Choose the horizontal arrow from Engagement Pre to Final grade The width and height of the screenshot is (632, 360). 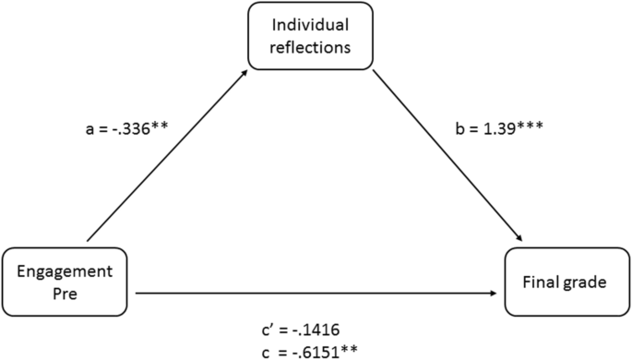318,294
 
